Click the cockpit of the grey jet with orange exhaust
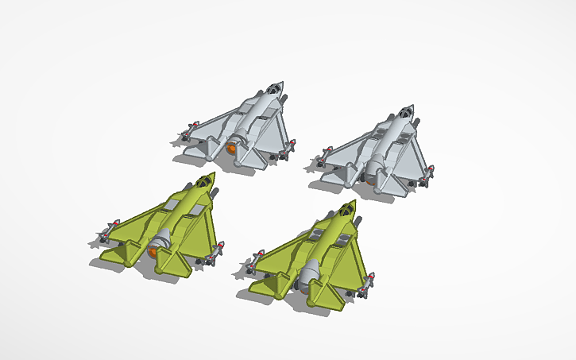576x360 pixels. point(273,88)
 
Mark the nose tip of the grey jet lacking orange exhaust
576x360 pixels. point(412,105)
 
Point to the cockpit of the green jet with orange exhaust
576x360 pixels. point(205,181)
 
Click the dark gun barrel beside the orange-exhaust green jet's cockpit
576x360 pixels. point(215,193)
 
